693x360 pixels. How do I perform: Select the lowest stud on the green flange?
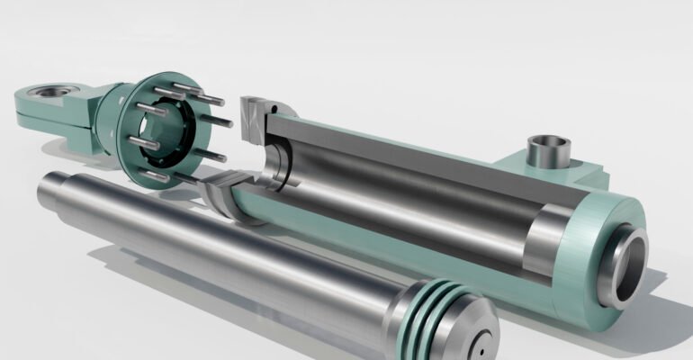[x=156, y=176]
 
